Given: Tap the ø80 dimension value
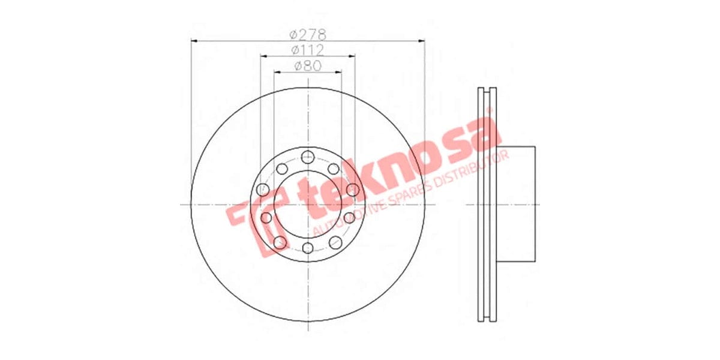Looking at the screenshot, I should click(x=308, y=65).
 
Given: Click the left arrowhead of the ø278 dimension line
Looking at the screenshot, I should click(x=194, y=41).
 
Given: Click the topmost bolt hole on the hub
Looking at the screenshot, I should click(x=307, y=158).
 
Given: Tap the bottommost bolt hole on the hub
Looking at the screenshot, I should click(x=307, y=248).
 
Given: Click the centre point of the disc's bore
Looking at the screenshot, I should click(x=307, y=204).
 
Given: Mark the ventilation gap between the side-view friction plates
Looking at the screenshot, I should click(x=487, y=204).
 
